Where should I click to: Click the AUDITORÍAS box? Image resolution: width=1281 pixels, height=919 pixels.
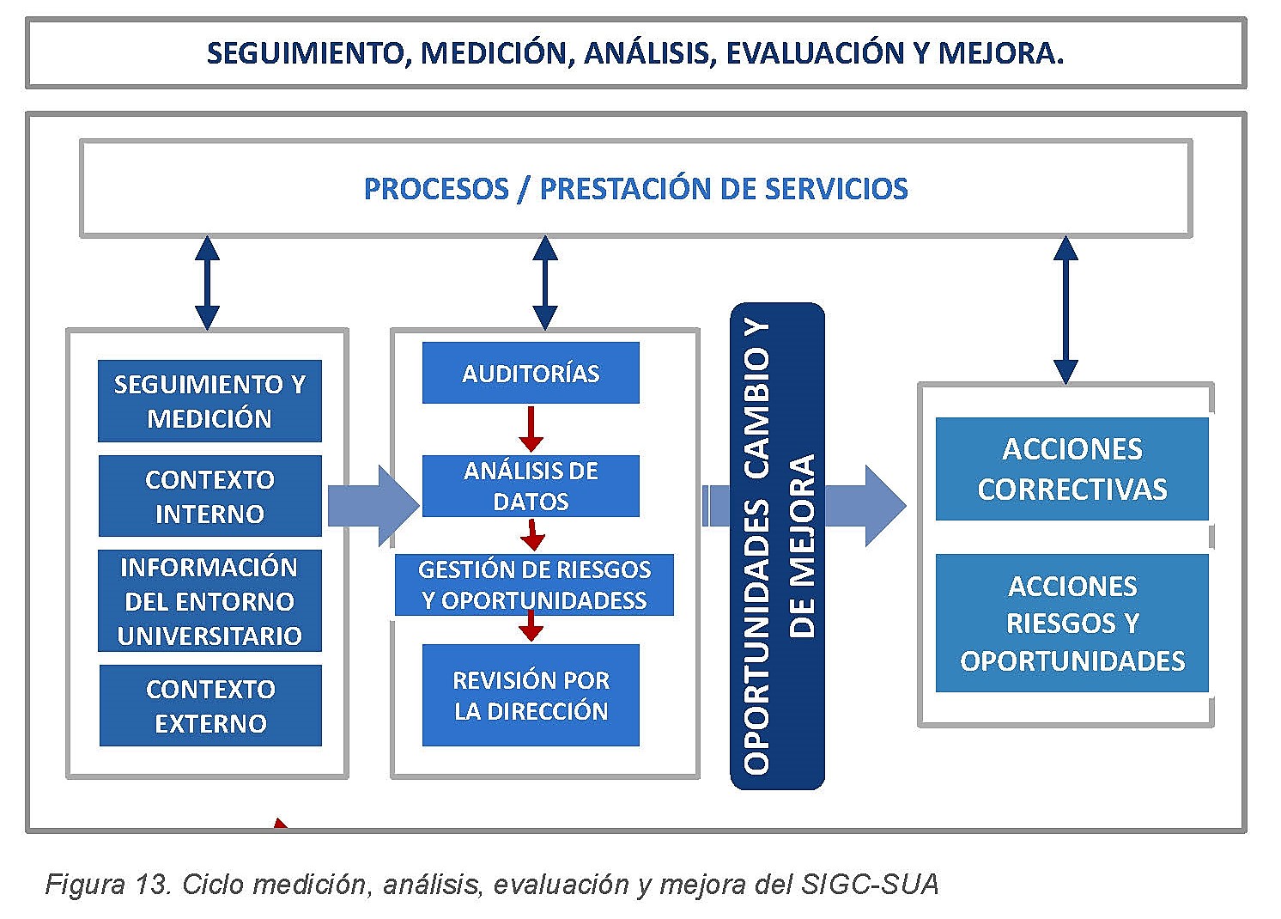click(x=531, y=373)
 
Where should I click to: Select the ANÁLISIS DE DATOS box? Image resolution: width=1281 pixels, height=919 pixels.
click(x=531, y=485)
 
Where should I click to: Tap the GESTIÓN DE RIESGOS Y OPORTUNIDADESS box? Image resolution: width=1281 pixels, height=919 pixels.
click(x=533, y=584)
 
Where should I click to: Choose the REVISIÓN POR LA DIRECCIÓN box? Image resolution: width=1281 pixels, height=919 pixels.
click(x=531, y=695)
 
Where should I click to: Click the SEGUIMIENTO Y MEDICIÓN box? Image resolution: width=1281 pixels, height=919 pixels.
click(x=209, y=401)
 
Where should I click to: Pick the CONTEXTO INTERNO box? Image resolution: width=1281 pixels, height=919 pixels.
click(x=209, y=496)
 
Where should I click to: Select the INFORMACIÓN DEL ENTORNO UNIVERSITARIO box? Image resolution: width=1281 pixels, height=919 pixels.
click(x=209, y=600)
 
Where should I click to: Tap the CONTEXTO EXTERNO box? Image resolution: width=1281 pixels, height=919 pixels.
click(x=210, y=705)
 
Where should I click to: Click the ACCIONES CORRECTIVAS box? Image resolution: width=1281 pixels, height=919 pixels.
click(x=1072, y=469)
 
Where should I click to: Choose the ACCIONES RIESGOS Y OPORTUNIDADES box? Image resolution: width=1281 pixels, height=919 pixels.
click(x=1072, y=623)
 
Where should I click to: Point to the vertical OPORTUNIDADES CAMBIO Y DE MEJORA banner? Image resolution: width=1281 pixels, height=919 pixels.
click(x=777, y=546)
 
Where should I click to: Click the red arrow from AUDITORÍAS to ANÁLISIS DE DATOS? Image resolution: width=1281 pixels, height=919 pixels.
click(x=531, y=428)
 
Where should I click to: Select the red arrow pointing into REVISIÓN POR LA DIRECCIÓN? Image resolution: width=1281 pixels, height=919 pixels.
click(x=531, y=626)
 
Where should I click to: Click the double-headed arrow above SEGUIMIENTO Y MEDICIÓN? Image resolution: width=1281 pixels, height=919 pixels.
click(x=207, y=283)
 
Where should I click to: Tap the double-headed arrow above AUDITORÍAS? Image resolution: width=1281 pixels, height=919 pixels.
click(x=545, y=283)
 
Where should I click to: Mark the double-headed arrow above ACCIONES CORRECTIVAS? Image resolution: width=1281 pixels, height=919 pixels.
click(x=1065, y=309)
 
